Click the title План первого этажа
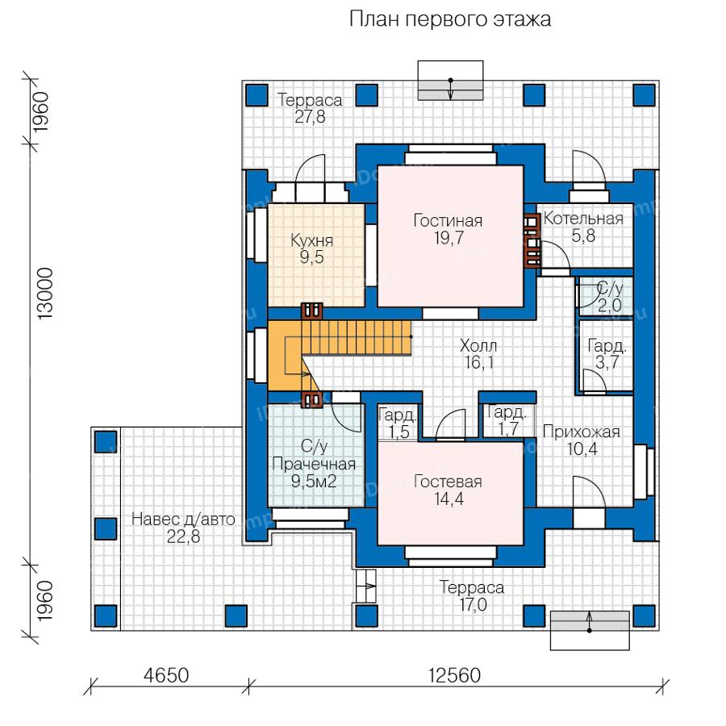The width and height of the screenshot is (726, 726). pyautogui.click(x=450, y=20)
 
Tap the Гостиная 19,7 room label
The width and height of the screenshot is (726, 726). pyautogui.click(x=449, y=229)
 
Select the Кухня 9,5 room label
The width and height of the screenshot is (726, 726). pyautogui.click(x=311, y=248)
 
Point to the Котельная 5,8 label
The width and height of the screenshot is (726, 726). pyautogui.click(x=583, y=227)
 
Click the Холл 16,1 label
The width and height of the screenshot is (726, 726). pyautogui.click(x=478, y=354)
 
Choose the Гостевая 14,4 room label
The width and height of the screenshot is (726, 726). pyautogui.click(x=449, y=490)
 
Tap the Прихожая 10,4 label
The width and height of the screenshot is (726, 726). pyautogui.click(x=582, y=440)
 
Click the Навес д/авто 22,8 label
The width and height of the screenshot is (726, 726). pyautogui.click(x=183, y=528)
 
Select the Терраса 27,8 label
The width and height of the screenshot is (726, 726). pyautogui.click(x=310, y=108)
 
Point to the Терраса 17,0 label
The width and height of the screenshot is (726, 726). pyautogui.click(x=472, y=596)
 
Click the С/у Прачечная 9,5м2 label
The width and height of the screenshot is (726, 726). pyautogui.click(x=314, y=464)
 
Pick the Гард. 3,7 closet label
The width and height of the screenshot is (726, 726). pyautogui.click(x=607, y=354)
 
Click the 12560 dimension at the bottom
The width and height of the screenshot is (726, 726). pyautogui.click(x=455, y=675)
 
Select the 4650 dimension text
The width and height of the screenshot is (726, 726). pyautogui.click(x=166, y=675)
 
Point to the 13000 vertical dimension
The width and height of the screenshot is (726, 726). pyautogui.click(x=46, y=294)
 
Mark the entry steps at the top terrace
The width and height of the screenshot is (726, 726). pyautogui.click(x=450, y=80)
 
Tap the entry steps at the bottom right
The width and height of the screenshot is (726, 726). pyautogui.click(x=590, y=630)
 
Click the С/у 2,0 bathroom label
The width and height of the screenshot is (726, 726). pyautogui.click(x=609, y=297)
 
